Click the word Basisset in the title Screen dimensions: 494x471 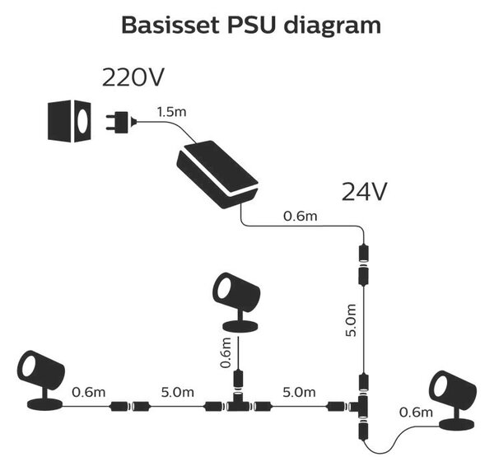coord(170,26)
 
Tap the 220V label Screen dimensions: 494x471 coord(133,77)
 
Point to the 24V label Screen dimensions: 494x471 coord(364,192)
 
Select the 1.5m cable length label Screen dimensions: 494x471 coord(172,112)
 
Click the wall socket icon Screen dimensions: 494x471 coord(69,121)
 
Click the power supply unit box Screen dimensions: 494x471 coord(217,175)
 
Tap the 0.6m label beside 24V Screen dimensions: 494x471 coord(301,216)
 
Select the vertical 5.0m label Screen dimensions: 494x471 coord(351,320)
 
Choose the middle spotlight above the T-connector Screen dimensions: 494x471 coord(236,302)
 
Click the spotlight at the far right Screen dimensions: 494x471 coord(453,400)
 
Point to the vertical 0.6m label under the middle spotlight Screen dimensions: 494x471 coord(226,352)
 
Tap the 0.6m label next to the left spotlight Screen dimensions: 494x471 coord(89,392)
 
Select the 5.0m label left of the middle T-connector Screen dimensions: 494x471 coord(177,392)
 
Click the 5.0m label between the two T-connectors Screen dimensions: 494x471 coord(299,392)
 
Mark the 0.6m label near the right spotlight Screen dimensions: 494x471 coord(416,412)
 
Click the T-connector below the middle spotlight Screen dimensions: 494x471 coord(239,403)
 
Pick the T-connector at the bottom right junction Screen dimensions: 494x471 coord(361,407)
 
